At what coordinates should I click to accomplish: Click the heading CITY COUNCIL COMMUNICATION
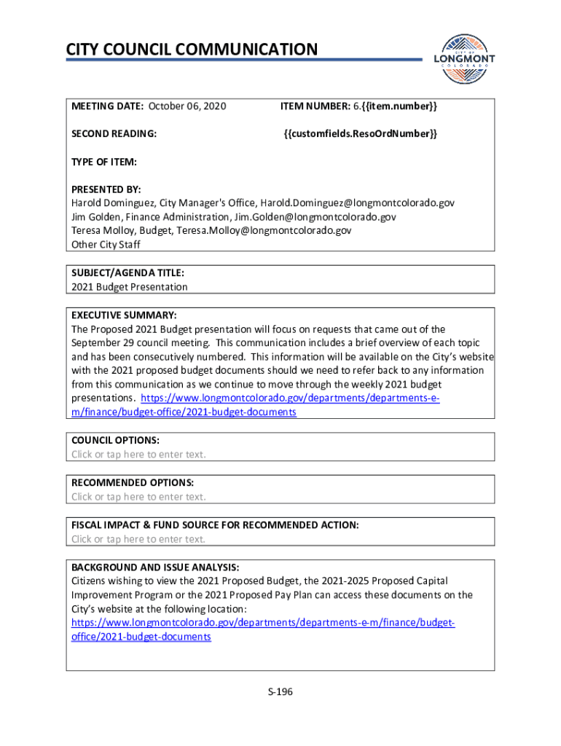[192, 50]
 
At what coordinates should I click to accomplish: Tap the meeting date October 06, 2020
[187, 107]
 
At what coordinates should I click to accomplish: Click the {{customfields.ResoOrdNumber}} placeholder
[360, 133]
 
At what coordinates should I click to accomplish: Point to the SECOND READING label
[114, 133]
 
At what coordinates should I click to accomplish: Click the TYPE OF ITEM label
[104, 161]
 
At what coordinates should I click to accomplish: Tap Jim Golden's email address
[314, 216]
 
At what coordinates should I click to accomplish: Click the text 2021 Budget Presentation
[129, 287]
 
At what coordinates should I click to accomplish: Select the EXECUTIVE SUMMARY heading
[124, 315]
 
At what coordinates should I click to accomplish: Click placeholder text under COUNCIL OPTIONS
[138, 455]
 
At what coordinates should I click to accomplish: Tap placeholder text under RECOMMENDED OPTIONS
[138, 497]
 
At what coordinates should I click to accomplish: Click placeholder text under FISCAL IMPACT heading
[138, 539]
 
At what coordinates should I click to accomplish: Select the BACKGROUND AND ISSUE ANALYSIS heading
[155, 567]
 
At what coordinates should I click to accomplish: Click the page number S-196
[280, 692]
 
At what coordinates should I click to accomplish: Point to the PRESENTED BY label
[106, 189]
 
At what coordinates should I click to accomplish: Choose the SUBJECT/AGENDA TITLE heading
[127, 273]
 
